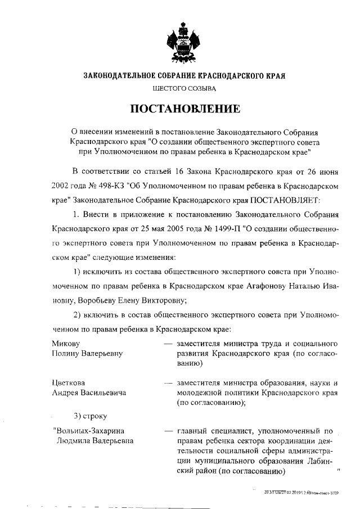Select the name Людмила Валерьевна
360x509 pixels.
95,441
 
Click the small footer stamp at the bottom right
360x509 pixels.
300,491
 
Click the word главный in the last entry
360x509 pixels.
192,431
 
